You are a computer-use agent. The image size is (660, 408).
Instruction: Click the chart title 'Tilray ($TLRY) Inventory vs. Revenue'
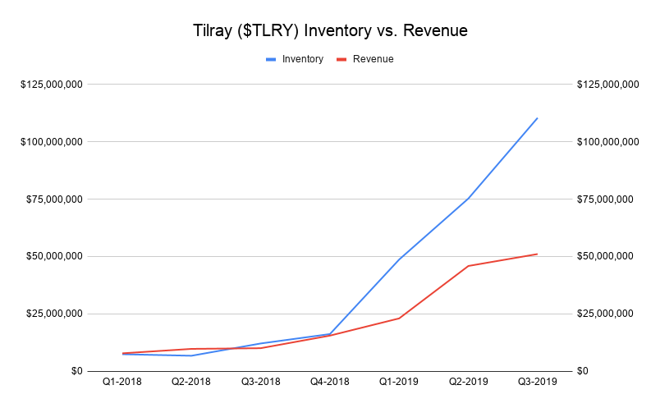coord(329,31)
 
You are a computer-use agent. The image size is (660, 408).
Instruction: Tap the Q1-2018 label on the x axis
coord(122,382)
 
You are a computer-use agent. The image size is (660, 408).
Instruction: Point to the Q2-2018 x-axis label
coord(191,382)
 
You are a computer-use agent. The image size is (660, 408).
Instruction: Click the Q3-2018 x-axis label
coord(260,382)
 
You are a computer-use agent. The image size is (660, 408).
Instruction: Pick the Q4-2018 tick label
coord(329,382)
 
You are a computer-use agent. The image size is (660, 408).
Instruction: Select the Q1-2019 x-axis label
coord(399,382)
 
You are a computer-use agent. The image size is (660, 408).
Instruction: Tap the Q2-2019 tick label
coord(468,382)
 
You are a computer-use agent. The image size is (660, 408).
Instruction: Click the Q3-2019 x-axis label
coord(537,382)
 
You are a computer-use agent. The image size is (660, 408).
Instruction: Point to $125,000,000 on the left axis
coord(51,85)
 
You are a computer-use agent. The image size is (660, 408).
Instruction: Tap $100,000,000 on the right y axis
coord(608,142)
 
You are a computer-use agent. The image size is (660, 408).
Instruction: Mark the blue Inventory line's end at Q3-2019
coord(537,118)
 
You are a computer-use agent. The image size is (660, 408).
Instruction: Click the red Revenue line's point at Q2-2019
coord(468,266)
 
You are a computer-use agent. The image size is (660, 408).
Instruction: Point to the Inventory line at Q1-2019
coord(399,259)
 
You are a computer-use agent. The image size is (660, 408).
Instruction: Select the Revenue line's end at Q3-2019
coord(537,254)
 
